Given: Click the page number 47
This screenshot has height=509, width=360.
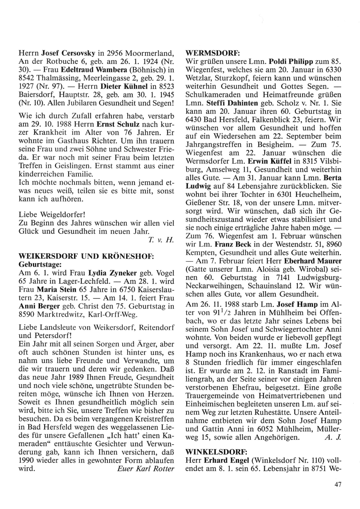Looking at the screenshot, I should [337, 485].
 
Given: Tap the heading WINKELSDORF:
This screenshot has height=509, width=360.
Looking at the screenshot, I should [211, 451].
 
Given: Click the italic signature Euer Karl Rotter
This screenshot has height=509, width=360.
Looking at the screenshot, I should [146, 469].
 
